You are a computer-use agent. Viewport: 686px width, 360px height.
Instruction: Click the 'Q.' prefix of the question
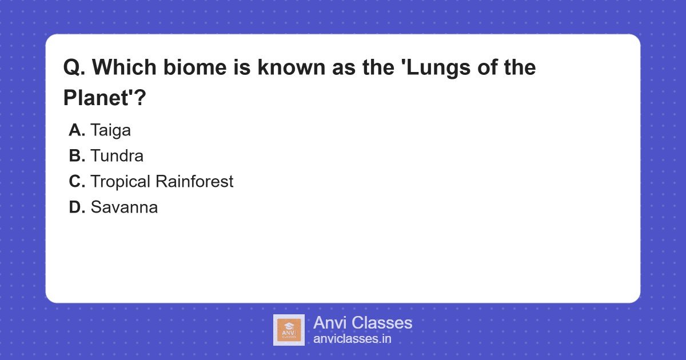tap(74, 68)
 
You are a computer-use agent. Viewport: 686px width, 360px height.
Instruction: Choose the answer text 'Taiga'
tap(110, 130)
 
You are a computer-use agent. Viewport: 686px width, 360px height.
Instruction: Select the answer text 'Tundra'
tap(117, 156)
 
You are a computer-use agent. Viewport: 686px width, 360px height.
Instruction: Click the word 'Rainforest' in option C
tap(194, 182)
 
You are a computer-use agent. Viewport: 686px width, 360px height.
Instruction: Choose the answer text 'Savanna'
tap(124, 207)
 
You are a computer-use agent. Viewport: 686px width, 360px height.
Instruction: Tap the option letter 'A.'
tap(77, 130)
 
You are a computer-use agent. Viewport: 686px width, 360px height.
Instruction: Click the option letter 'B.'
tap(77, 156)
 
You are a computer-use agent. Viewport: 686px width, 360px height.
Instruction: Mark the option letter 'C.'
tap(77, 182)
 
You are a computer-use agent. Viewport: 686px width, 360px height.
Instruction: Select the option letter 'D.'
tap(77, 207)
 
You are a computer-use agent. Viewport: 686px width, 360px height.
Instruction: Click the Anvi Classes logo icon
tap(289, 330)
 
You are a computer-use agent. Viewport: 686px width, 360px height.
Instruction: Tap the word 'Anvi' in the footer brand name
tap(330, 323)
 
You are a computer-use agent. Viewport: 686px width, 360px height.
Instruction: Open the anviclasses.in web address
tap(352, 339)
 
